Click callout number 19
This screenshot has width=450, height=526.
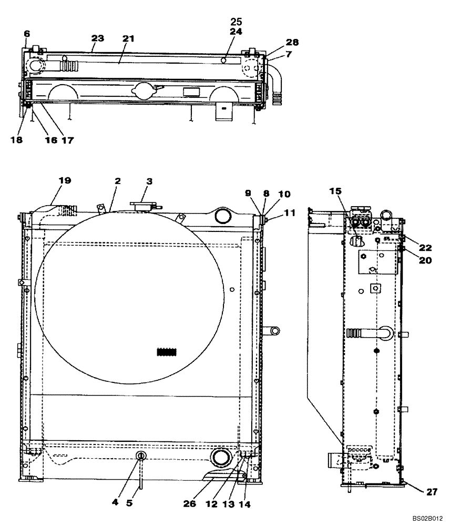[64, 180]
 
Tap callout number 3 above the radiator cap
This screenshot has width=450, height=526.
[149, 181]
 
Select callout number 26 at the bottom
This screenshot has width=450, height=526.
[190, 503]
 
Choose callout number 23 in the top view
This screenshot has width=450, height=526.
[97, 38]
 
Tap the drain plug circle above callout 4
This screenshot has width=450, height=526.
[141, 456]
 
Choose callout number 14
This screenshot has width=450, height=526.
[246, 503]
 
